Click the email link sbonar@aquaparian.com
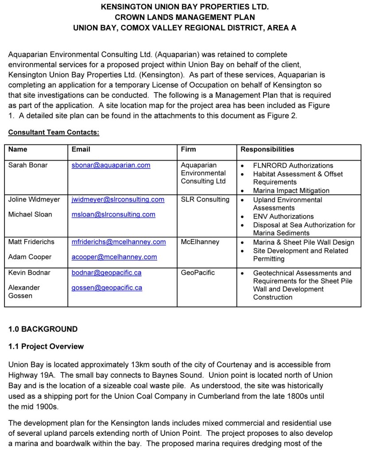tap(111, 165)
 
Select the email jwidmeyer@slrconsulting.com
tap(118, 199)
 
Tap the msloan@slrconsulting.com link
tap(113, 214)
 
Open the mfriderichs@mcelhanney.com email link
tap(119, 242)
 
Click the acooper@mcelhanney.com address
tap(114, 257)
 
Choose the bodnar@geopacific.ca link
tap(106, 272)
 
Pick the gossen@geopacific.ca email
tap(107, 287)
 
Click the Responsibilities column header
tap(267, 149)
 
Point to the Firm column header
tap(188, 149)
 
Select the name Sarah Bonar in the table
tap(28, 165)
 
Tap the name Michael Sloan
tap(30, 214)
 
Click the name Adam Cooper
tap(30, 257)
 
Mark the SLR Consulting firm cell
tap(205, 199)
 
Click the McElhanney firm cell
tap(200, 242)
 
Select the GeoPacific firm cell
tap(198, 272)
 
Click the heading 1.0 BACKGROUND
tap(43, 329)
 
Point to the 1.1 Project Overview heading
tap(46, 346)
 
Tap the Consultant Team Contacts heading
tap(54, 132)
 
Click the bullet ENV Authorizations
tap(283, 216)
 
